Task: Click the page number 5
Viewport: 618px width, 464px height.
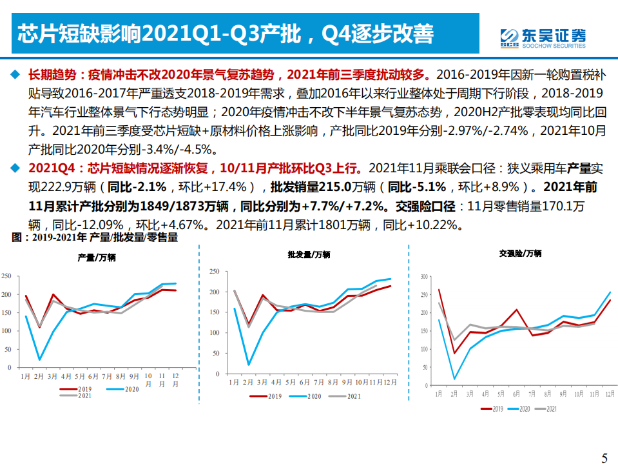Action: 604,457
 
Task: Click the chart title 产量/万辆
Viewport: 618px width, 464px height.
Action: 97,257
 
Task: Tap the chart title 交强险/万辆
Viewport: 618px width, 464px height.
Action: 520,253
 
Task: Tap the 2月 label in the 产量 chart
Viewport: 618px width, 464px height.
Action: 40,376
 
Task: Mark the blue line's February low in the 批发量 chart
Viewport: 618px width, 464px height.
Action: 249,365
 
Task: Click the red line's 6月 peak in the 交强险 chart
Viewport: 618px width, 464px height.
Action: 517,310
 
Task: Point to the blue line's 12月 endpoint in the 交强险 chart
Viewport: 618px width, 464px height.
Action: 610,292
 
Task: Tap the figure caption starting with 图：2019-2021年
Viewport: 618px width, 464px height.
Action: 95,237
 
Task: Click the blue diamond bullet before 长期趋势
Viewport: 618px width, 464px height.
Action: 15,74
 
